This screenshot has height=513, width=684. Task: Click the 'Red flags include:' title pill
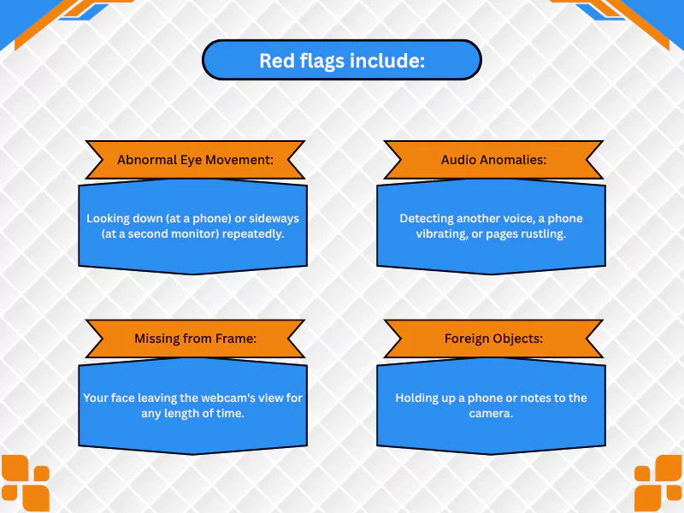click(x=342, y=60)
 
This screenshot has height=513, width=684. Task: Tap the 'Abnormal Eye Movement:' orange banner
click(x=195, y=160)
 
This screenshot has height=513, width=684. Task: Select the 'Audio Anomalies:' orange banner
click(x=493, y=160)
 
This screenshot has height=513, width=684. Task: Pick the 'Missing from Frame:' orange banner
click(x=195, y=339)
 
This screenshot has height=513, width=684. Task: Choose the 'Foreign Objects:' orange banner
click(x=493, y=339)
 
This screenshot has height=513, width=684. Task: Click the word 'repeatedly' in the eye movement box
click(x=253, y=234)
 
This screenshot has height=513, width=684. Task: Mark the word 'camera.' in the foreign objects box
click(x=491, y=414)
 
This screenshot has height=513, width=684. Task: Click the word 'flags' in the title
click(x=322, y=61)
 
